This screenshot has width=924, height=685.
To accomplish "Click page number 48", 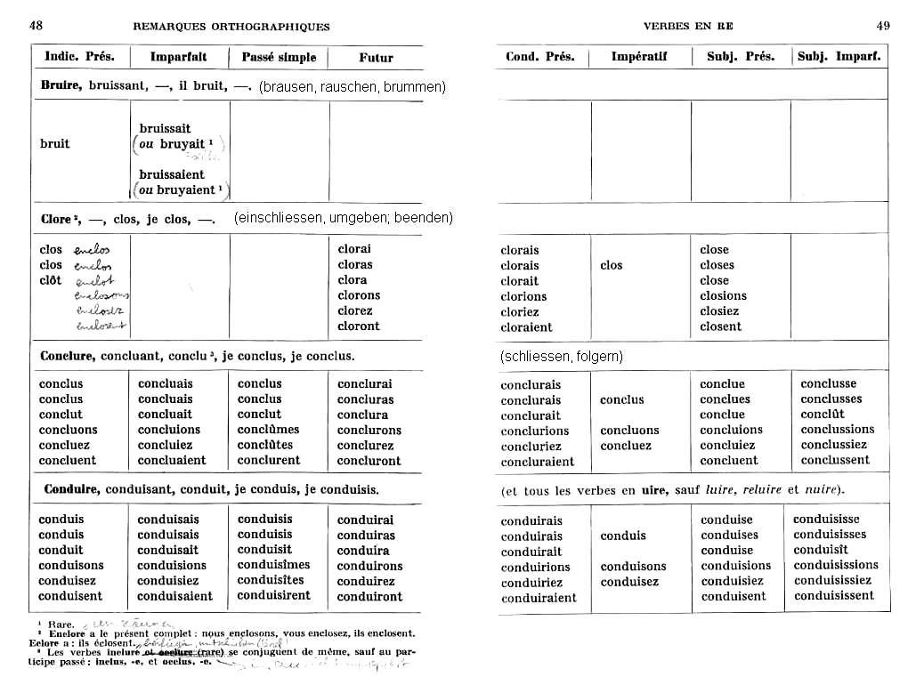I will [36, 26].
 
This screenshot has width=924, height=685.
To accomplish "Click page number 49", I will [883, 26].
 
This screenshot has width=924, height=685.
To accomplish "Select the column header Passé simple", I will [279, 57].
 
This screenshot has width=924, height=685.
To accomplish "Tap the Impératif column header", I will [638, 57].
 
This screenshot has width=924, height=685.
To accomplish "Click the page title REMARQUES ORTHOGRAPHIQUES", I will [231, 27].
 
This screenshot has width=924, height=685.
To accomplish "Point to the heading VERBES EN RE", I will [688, 27].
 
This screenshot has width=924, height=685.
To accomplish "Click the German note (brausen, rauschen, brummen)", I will [353, 87].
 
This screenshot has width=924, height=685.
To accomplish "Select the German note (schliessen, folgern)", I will [562, 356].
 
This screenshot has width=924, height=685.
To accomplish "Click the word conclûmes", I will [268, 430].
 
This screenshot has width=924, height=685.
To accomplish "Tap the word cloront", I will [359, 326].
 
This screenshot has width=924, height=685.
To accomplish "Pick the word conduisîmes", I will [273, 565].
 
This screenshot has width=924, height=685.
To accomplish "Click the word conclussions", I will [837, 430].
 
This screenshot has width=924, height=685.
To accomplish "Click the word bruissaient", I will [172, 174].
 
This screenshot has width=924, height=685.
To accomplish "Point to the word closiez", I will [724, 311].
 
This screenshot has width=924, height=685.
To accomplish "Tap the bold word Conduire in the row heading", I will [71, 489].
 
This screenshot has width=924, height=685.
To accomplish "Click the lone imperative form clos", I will [612, 265].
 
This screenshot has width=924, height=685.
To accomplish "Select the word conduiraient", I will [538, 598].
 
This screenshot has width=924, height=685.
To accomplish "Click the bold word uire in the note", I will [654, 490].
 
